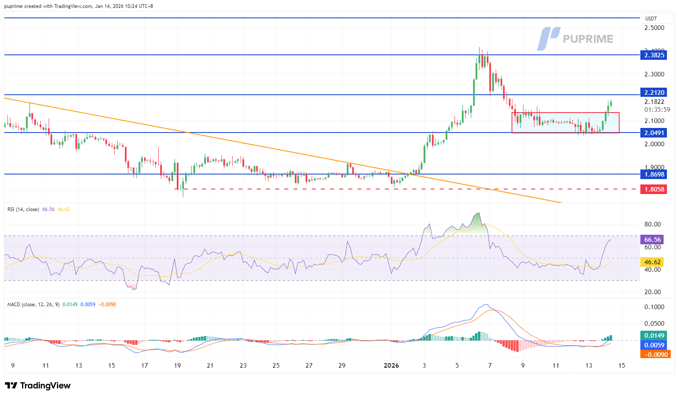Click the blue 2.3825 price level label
(654, 55)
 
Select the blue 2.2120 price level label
(654, 92)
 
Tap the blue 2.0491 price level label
(654, 133)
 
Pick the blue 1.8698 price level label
(654, 174)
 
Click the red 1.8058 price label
(654, 189)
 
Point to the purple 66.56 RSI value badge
(652, 239)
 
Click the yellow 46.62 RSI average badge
(652, 262)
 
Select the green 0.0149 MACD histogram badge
(654, 335)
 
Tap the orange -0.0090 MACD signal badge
(655, 354)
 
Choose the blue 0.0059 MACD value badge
(654, 345)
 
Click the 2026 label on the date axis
(391, 366)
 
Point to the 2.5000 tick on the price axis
(654, 28)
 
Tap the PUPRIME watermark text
(588, 39)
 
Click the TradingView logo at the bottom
(38, 386)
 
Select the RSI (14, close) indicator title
(23, 209)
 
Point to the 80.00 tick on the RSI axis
(652, 224)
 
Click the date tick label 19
(177, 366)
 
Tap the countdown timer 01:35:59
(657, 110)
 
